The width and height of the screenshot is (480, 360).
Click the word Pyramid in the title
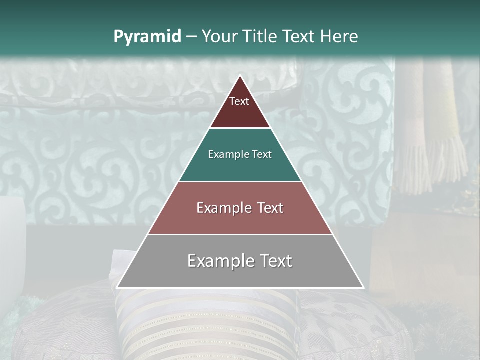click(x=147, y=37)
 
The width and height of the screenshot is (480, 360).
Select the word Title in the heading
click(x=260, y=37)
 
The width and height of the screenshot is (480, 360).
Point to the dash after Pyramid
click(x=191, y=37)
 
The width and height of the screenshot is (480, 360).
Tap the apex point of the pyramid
click(x=240, y=76)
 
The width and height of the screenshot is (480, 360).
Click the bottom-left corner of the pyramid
click(x=117, y=287)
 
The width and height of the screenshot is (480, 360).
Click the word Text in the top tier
click(x=239, y=101)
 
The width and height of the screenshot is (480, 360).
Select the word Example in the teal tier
click(x=227, y=154)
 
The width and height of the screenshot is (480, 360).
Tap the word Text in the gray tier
click(x=274, y=261)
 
